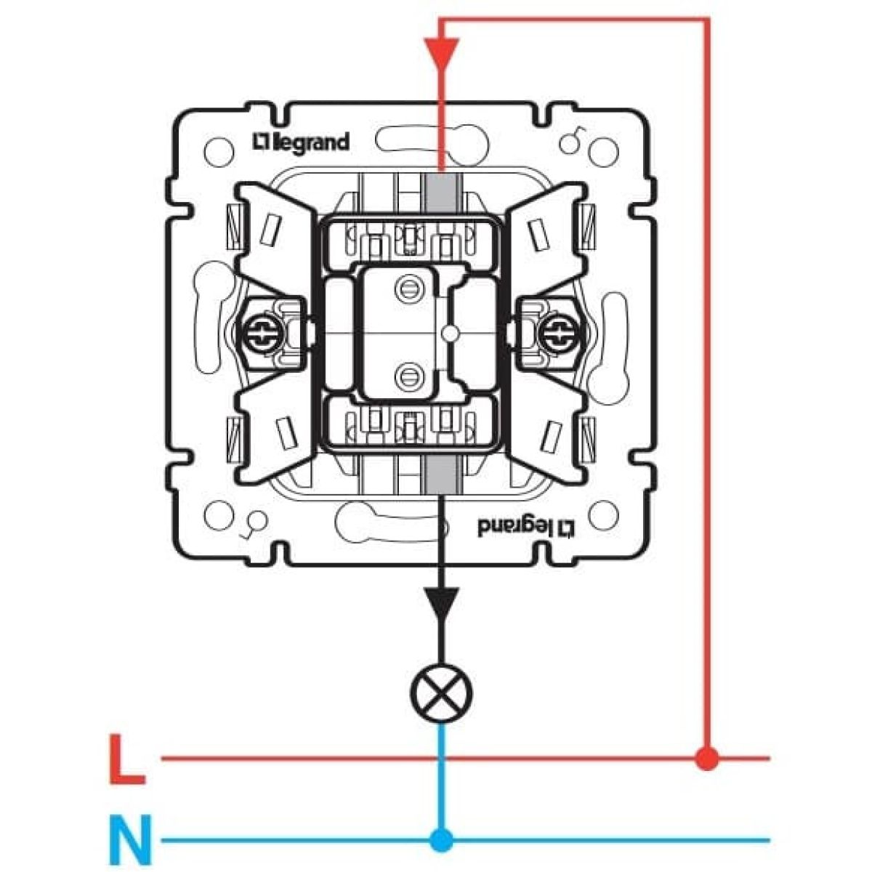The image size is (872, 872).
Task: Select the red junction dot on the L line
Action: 706,759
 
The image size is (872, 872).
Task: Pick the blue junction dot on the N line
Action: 440,841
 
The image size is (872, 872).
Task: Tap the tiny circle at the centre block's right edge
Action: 451,334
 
